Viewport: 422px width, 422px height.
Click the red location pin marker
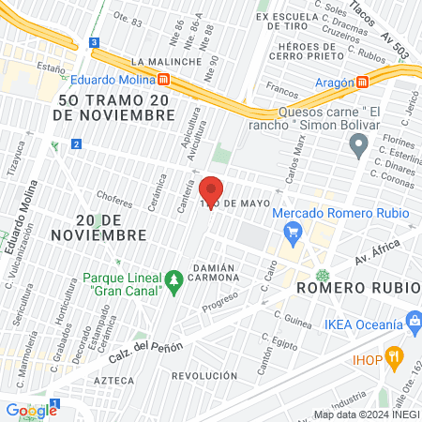tap(211, 192)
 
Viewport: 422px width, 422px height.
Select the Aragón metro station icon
tap(361, 82)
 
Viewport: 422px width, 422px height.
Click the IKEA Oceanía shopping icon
tap(414, 324)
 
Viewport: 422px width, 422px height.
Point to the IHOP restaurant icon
tap(396, 356)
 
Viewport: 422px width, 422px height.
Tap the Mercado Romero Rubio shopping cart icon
tap(294, 231)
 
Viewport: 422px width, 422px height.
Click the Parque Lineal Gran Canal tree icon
tap(173, 280)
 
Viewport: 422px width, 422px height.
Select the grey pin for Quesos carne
tap(357, 144)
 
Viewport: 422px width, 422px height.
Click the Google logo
tap(31, 410)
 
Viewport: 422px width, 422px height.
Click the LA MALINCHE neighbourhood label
tap(167, 62)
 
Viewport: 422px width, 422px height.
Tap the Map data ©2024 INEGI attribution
tap(366, 414)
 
